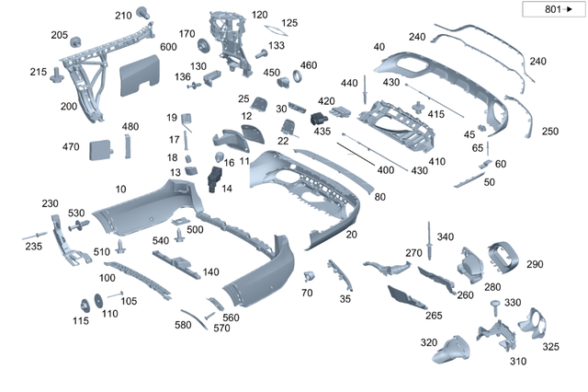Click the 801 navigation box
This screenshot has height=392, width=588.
click(553, 10)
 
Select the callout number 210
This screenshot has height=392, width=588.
click(123, 16)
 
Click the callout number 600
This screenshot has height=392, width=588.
click(168, 47)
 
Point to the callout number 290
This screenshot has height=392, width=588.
click(535, 265)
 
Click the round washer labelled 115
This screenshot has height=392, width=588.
click(84, 305)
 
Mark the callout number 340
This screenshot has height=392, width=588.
click(446, 237)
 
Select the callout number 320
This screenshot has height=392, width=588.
click(428, 342)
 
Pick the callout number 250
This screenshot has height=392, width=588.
click(549, 132)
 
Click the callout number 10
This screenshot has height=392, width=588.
click(120, 189)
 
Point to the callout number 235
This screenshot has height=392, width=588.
click(33, 247)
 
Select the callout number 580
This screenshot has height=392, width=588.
click(183, 324)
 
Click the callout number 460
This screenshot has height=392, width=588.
click(308, 65)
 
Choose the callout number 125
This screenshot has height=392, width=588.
click(289, 23)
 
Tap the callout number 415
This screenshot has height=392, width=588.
click(435, 114)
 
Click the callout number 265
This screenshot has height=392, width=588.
click(434, 316)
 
